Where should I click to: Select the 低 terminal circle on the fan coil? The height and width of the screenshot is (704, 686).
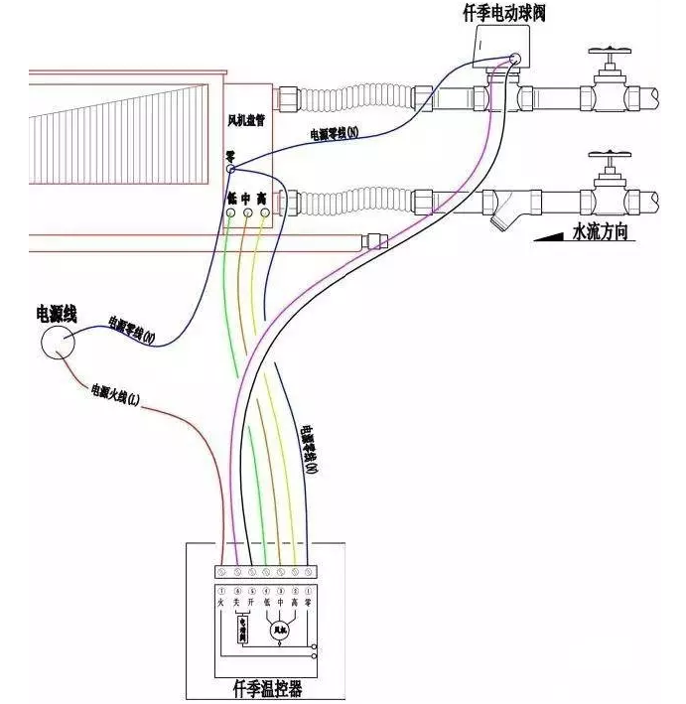coord(231,211)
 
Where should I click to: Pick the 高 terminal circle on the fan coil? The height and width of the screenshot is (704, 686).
coord(263,211)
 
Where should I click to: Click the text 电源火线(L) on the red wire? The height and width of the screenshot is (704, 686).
coord(116,394)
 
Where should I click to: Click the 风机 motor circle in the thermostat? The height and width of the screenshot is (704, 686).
coord(280,630)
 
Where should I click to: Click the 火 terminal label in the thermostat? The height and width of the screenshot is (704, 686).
coord(220,603)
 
